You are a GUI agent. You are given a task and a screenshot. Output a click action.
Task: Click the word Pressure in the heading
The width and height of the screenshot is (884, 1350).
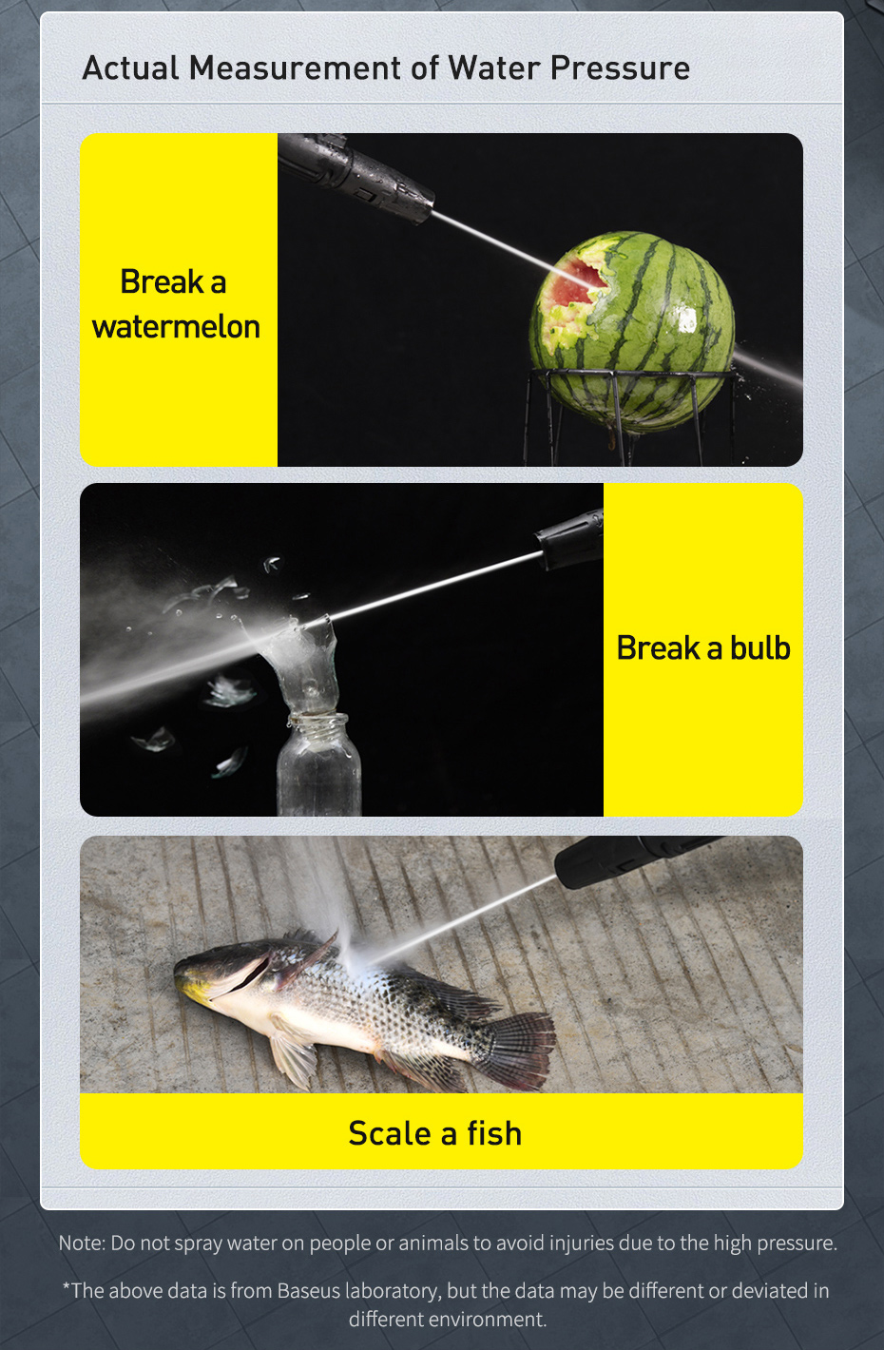[620, 67]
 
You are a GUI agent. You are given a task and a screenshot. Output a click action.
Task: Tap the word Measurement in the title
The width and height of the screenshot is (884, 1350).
[294, 67]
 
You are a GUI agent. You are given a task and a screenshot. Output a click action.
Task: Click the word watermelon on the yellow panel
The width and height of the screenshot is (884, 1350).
[176, 327]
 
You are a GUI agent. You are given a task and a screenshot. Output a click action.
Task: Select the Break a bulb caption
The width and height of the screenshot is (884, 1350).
[703, 647]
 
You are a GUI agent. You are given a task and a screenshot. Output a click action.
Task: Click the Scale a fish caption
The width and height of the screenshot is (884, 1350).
[435, 1133]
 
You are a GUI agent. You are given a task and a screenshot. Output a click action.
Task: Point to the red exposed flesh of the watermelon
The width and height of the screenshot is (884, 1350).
[574, 284]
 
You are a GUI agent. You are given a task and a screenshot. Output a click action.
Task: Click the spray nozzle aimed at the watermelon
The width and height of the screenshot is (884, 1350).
[356, 177]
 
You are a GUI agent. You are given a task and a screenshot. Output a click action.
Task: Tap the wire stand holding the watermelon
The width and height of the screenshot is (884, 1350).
[629, 415]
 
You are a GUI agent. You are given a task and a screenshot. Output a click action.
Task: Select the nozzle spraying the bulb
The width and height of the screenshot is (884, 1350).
[569, 539]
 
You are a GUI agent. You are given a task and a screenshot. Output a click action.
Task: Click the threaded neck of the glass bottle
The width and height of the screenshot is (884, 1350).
[318, 726]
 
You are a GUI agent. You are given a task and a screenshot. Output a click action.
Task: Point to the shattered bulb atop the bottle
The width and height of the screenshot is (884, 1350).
[298, 663]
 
